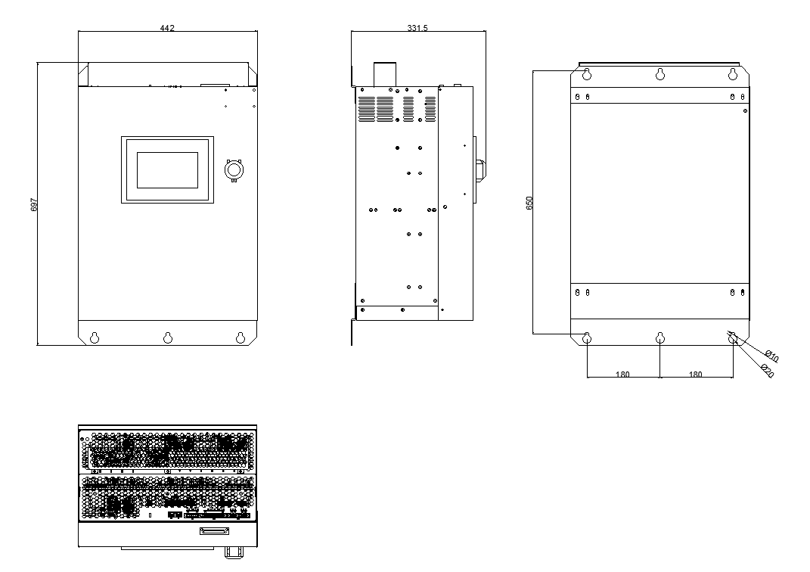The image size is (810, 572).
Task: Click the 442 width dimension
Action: click(x=167, y=28)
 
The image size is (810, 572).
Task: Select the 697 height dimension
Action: click(x=34, y=204)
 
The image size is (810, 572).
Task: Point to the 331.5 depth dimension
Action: click(x=417, y=28)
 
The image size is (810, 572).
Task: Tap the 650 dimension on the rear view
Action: click(x=529, y=203)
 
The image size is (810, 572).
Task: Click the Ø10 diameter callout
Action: click(x=771, y=356)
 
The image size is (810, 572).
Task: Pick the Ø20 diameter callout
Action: click(x=768, y=371)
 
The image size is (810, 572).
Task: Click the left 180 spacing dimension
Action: click(x=622, y=374)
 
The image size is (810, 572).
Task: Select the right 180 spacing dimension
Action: click(x=695, y=374)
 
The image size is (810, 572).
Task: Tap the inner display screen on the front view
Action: click(x=167, y=170)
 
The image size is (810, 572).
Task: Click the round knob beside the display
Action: click(x=234, y=170)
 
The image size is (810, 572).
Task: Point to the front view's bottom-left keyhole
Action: click(x=95, y=337)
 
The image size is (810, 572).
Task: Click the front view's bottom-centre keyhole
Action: click(x=168, y=337)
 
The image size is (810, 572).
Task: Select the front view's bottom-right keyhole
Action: click(x=241, y=337)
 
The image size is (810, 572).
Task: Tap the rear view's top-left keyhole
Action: click(x=587, y=74)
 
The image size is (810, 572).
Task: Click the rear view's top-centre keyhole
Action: click(x=659, y=74)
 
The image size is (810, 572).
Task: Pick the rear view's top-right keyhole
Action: click(x=733, y=74)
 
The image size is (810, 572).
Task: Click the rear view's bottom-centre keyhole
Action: click(x=659, y=338)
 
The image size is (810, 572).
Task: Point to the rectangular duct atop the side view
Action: click(x=385, y=74)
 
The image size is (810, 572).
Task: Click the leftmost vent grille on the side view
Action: click(x=367, y=109)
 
